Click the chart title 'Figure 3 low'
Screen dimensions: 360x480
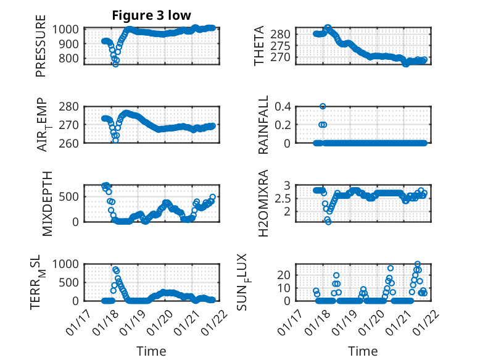click(151, 15)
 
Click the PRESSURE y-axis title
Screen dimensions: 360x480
click(41, 50)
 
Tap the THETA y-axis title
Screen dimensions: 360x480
click(259, 46)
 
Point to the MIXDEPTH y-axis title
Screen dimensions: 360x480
click(48, 203)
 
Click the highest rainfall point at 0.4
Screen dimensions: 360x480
click(323, 106)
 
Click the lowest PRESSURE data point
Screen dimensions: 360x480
click(115, 64)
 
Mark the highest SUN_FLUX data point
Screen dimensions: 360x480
click(418, 264)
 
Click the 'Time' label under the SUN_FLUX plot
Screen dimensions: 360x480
click(363, 351)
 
